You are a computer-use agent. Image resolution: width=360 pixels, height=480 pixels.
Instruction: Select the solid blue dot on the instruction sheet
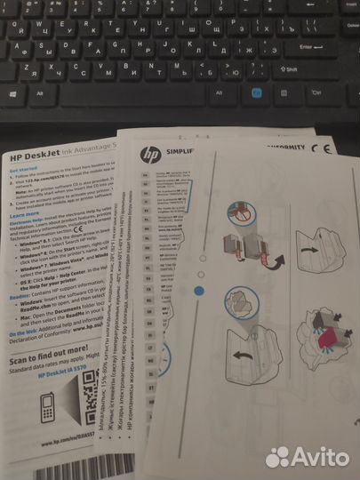[x=199, y=290]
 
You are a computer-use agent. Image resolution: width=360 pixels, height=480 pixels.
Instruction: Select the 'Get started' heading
[x=24, y=168]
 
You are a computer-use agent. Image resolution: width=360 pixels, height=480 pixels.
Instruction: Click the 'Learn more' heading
[x=24, y=214]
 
